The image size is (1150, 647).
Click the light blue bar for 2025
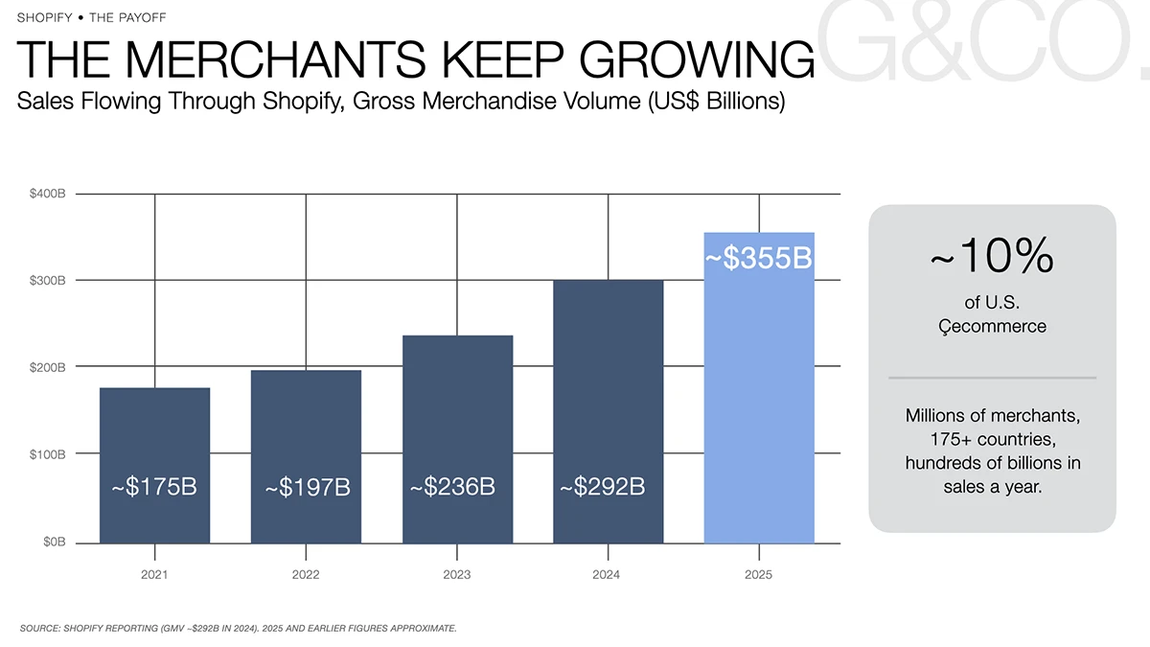[x=759, y=387]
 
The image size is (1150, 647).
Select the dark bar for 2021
[x=154, y=465]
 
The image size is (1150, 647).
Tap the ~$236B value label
[x=452, y=486]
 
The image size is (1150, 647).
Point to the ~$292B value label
[x=602, y=486]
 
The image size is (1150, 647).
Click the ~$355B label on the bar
[x=758, y=258]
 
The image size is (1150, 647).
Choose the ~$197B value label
[x=308, y=487]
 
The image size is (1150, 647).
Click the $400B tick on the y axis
[x=48, y=194]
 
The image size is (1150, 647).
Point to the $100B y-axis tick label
[x=48, y=454]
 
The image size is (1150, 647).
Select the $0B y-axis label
[x=55, y=543]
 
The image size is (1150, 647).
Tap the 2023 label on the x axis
[x=457, y=574]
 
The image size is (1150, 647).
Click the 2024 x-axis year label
[x=607, y=574]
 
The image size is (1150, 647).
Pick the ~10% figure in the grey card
[x=992, y=255]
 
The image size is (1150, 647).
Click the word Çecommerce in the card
[x=993, y=327]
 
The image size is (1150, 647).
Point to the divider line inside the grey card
[x=993, y=378]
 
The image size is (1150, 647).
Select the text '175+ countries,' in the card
[x=993, y=439]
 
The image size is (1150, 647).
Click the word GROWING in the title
[x=697, y=59]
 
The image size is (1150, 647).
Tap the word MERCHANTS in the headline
[x=275, y=59]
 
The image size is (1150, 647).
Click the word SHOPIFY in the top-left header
[x=45, y=17]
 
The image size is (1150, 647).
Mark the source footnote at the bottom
[x=239, y=628]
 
